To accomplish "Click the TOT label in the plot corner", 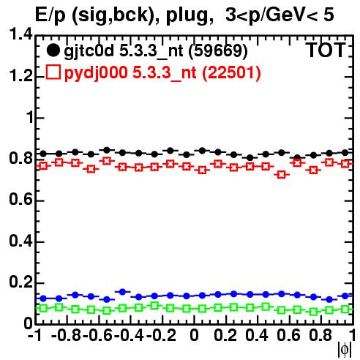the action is click(x=326, y=50).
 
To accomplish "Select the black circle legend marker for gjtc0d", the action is click(x=53, y=50).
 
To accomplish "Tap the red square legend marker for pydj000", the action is click(x=53, y=72).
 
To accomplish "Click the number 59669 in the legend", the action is click(x=218, y=50).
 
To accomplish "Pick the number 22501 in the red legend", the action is click(x=231, y=72).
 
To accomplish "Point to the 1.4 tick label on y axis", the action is click(x=20, y=34).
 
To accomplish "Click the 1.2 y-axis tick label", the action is click(x=20, y=75).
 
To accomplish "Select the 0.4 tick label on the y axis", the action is click(x=20, y=241).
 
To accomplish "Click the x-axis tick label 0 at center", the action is click(x=194, y=335).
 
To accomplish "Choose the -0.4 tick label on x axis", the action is click(x=129, y=335).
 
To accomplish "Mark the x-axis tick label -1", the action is click(x=34, y=335).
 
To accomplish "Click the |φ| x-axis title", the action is click(x=345, y=350).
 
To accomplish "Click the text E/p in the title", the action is click(x=50, y=15).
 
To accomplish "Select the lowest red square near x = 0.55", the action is click(x=282, y=175).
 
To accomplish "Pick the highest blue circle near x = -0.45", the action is click(x=123, y=292).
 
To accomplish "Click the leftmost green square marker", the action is click(x=43, y=308).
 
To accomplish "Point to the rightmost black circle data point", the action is click(x=345, y=153).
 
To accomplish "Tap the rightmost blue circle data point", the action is click(x=345, y=296).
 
